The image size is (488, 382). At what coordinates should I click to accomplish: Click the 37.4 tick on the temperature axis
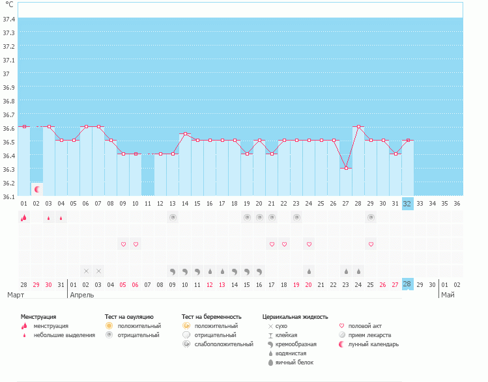click(x=9, y=19)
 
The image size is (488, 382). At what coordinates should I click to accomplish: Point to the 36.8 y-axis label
click(x=9, y=102)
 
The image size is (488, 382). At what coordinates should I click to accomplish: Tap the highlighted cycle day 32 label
click(x=407, y=204)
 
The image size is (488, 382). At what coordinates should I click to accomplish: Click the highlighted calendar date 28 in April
click(x=407, y=284)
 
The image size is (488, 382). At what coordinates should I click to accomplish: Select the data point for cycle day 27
click(x=346, y=169)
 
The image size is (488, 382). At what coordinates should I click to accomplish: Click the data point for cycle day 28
click(x=358, y=127)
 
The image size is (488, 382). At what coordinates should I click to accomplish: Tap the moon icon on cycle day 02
click(x=37, y=189)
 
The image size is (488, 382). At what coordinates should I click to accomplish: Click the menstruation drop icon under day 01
click(x=23, y=218)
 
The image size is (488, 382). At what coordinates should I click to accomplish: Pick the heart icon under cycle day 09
click(x=123, y=244)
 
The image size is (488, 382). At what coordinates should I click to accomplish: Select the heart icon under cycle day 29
click(x=371, y=244)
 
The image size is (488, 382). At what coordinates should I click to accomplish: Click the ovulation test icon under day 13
click(x=173, y=218)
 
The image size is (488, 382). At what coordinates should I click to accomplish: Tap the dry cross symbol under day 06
click(x=86, y=271)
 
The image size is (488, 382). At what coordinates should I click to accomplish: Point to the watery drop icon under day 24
click(x=309, y=271)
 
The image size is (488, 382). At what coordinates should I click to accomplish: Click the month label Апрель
click(x=81, y=295)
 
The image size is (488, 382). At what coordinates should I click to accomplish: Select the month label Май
click(x=448, y=295)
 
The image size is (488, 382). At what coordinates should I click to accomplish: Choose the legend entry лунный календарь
click(x=373, y=344)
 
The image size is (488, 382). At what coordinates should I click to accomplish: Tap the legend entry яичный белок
click(x=297, y=362)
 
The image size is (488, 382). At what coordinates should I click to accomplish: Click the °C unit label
click(x=9, y=4)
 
